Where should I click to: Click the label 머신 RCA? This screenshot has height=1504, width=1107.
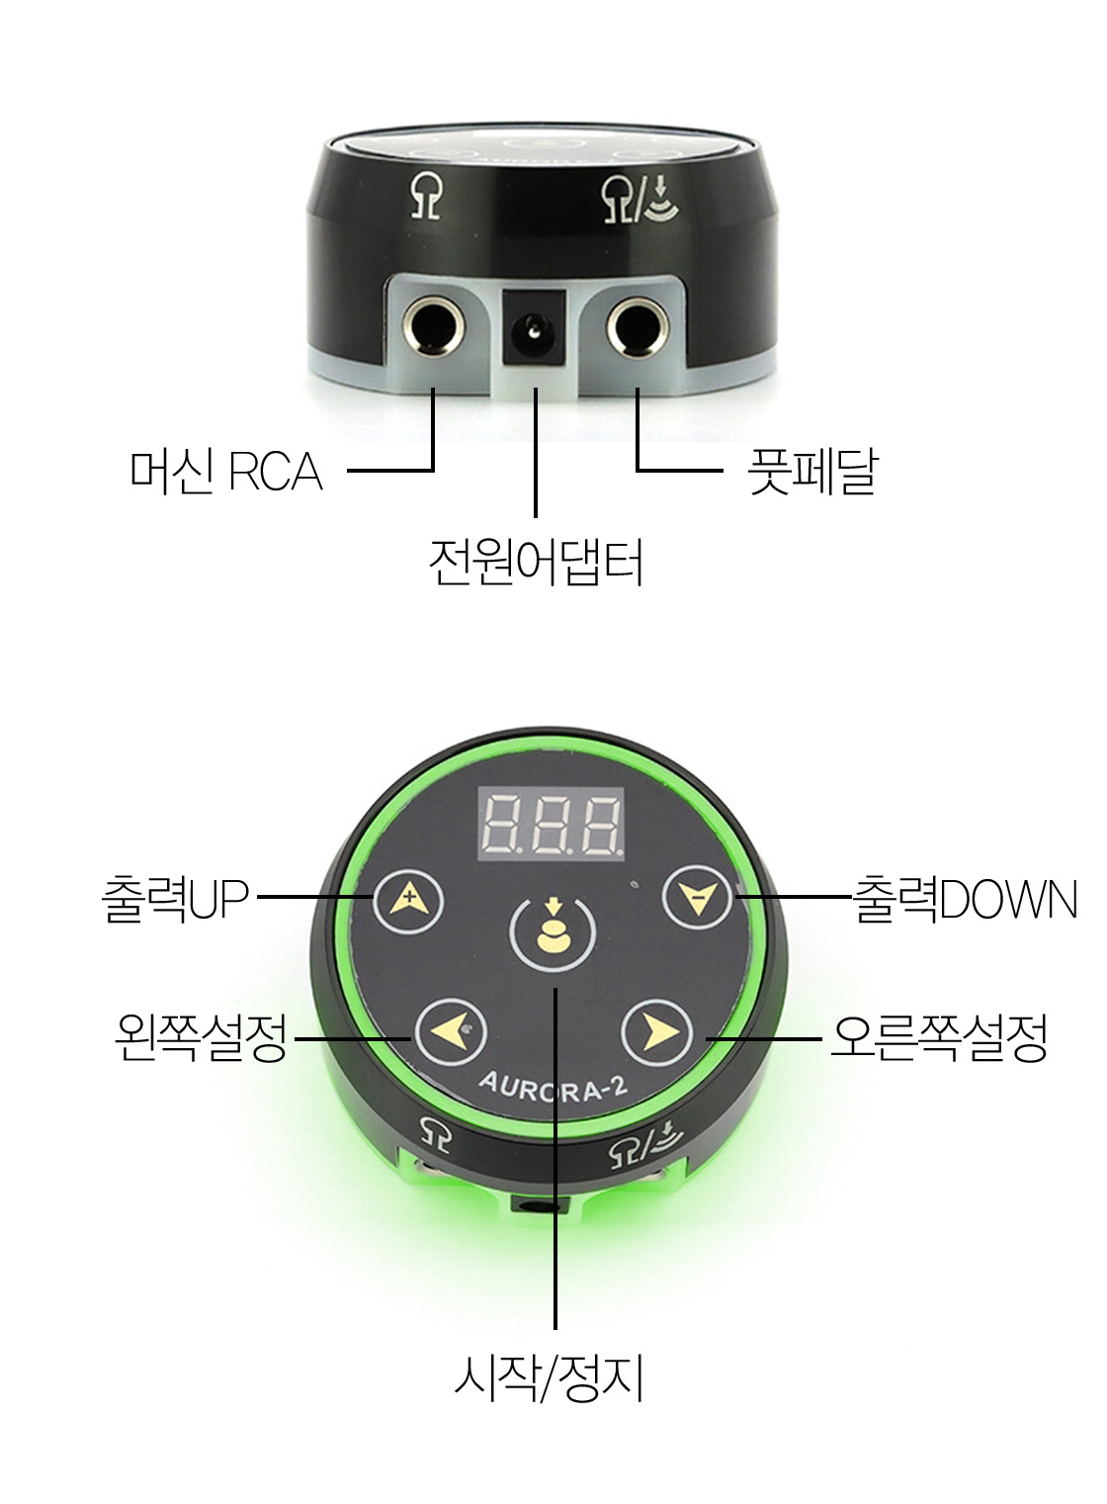coord(226,472)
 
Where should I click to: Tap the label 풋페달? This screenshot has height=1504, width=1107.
coord(810,472)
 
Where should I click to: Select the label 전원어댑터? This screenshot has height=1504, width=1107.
coord(537,563)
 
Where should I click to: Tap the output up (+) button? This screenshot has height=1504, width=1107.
coord(406,901)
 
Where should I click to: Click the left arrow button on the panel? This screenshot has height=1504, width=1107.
coord(451,1033)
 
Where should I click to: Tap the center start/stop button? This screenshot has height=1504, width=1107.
coord(552,935)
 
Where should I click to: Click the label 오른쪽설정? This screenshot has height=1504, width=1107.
coord(938,1037)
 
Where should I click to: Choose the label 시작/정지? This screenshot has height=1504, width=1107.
coord(550,1376)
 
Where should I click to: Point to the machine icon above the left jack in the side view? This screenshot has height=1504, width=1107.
coord(426,200)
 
